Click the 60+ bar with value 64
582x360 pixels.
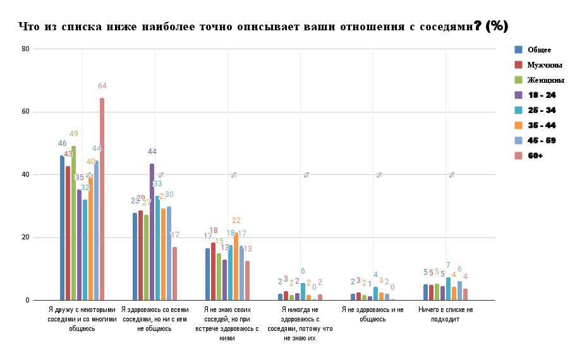(102, 199)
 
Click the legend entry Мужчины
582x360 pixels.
(545, 65)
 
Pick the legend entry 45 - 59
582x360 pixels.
(542, 140)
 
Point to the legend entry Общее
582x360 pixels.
(539, 50)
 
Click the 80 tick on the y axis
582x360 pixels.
(25, 49)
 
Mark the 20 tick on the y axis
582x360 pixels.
(25, 237)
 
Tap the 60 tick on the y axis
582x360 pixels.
(25, 112)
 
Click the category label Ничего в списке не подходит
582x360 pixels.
(446, 315)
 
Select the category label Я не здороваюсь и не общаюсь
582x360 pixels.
(372, 315)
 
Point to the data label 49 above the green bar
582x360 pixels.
(74, 134)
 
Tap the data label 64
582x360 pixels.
(102, 86)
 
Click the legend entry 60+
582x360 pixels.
(537, 155)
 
